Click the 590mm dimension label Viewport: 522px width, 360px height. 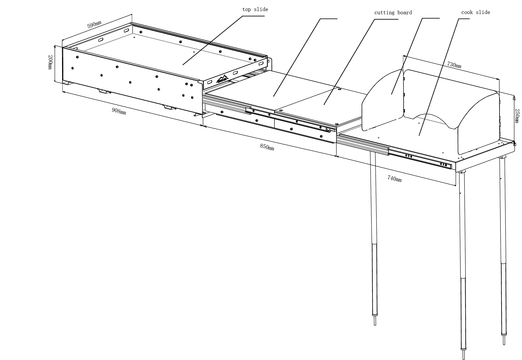94,25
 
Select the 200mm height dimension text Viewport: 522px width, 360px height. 50,62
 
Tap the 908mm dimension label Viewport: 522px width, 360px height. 119,111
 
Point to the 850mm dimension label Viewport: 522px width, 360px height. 267,147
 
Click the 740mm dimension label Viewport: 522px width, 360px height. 394,178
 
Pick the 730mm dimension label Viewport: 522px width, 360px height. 454,64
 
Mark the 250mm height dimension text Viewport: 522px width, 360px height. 517,116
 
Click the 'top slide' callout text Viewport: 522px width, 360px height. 255,9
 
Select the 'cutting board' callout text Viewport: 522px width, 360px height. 393,13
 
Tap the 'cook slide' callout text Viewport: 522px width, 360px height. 475,12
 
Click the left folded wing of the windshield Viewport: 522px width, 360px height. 382,102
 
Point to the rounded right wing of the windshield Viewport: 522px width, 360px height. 478,123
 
